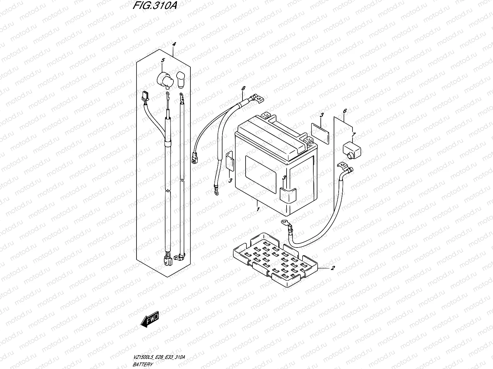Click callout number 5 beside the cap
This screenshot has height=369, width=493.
tap(163, 60)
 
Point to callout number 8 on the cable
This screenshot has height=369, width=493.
tap(243, 88)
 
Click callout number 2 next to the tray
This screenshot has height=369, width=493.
tap(332, 268)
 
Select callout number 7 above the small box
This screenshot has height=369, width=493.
tap(353, 135)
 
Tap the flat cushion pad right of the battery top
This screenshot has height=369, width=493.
tap(320, 133)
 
